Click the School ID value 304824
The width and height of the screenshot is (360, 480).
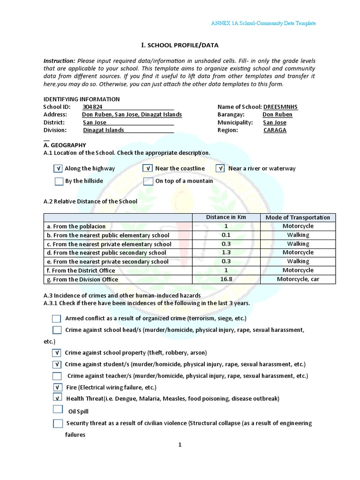tap(92, 107)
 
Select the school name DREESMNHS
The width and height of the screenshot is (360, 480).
tap(280, 107)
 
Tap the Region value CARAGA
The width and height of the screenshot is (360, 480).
tap(275, 130)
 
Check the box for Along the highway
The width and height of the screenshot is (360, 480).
tap(58, 169)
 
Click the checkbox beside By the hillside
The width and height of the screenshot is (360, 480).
tap(59, 181)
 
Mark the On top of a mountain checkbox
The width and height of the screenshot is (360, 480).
tap(148, 181)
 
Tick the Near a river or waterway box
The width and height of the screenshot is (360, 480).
tap(220, 169)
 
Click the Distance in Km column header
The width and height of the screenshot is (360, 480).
tap(226, 217)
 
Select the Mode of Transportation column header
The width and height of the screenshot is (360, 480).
tap(298, 217)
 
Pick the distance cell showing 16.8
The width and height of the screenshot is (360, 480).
tap(226, 279)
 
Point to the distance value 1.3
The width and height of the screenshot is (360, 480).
tap(226, 253)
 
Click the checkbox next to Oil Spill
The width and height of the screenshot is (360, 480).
tap(58, 409)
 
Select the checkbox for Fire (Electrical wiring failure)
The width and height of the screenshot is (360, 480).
tap(58, 387)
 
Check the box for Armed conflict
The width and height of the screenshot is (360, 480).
tap(57, 319)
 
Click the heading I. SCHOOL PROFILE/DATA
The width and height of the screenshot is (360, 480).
tap(180, 45)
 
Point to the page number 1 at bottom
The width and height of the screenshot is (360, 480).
tap(179, 445)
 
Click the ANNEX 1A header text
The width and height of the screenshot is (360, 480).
tap(263, 23)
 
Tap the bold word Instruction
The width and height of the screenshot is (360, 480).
tap(59, 61)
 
